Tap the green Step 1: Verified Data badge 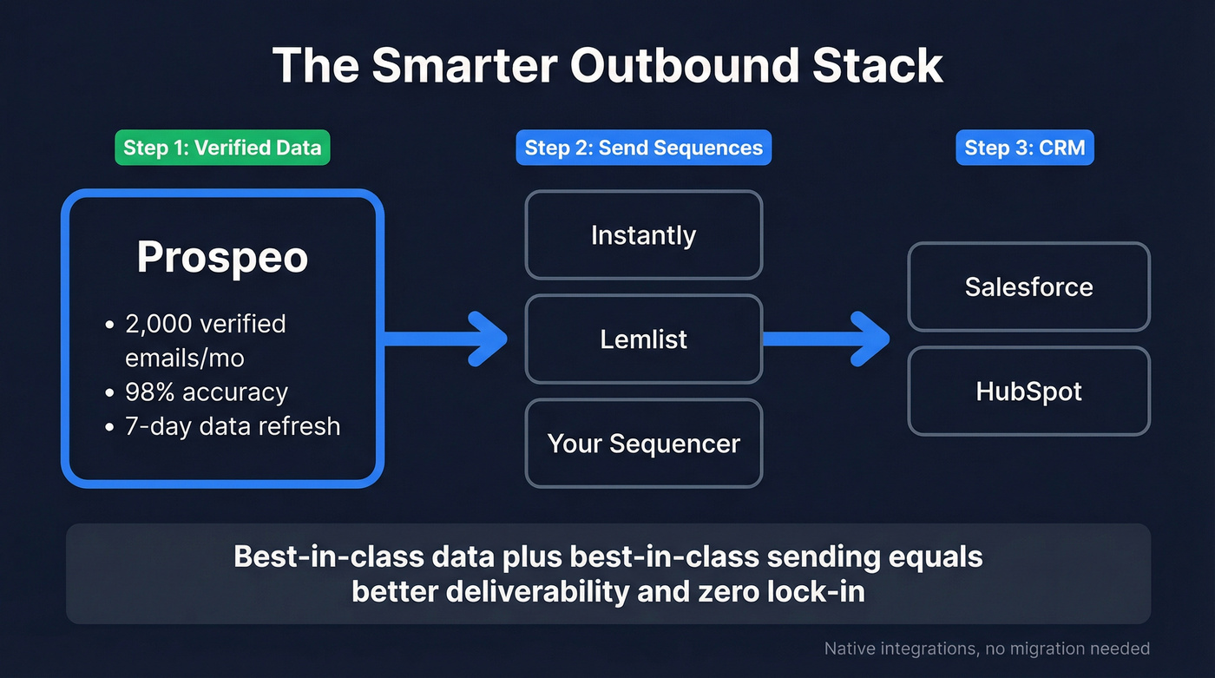point(222,148)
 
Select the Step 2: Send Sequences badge point(643,148)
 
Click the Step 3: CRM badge point(1025,148)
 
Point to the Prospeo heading point(222,258)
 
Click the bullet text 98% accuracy point(207,392)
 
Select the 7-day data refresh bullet point(233,426)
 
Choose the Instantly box point(643,235)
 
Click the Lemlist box point(643,339)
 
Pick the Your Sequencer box point(643,444)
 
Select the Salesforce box point(1028,287)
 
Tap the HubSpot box point(1028,392)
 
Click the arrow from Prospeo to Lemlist point(447,338)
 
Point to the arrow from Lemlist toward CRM point(829,338)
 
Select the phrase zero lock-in point(779,592)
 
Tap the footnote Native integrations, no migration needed point(987,648)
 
